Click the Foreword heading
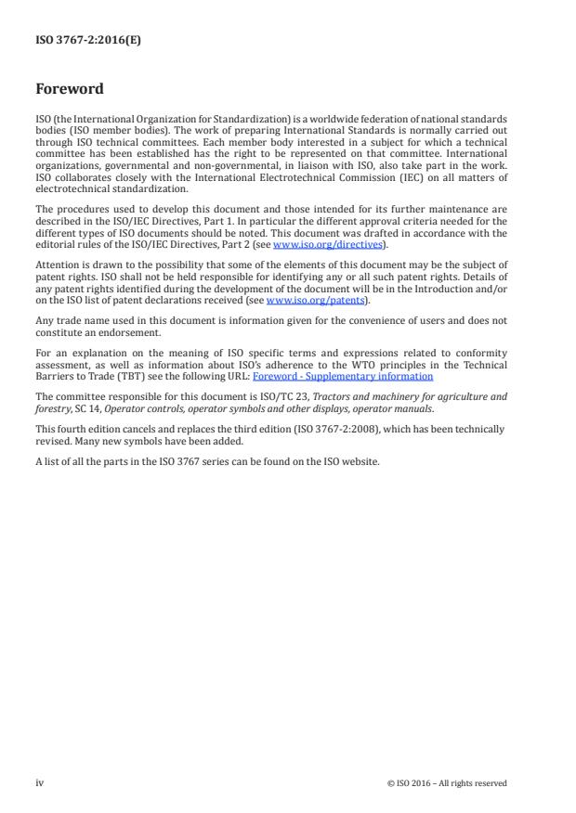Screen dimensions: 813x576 (70, 90)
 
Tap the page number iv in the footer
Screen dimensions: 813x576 (39, 782)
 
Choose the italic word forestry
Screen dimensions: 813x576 (53, 406)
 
